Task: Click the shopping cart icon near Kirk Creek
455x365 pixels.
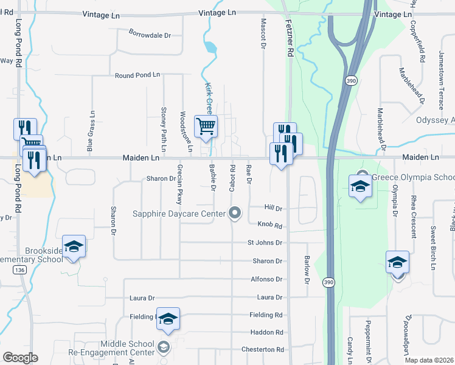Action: [x=206, y=127]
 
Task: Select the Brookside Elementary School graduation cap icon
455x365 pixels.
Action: [x=74, y=246]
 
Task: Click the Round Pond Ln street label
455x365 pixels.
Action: [x=137, y=75]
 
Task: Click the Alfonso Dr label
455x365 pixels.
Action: [x=267, y=279]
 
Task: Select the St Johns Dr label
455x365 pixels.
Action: [x=265, y=243]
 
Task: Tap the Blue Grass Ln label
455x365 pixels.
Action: [x=91, y=131]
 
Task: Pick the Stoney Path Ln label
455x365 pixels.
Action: [x=164, y=122]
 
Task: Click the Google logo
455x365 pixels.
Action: [x=20, y=358]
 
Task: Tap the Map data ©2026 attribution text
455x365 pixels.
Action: [x=428, y=360]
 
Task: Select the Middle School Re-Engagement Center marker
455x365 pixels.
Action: [x=163, y=347]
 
